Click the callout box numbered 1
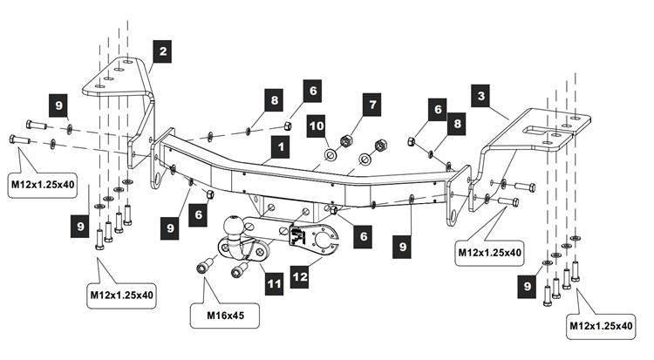click(280, 146)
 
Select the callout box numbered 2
click(162, 51)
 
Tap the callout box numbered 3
click(480, 96)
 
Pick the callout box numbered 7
click(372, 105)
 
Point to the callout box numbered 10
click(317, 126)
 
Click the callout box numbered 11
click(274, 284)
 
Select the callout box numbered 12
click(300, 277)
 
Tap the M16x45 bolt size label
click(225, 316)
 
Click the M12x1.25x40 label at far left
click(43, 184)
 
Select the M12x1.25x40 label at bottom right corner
click(601, 326)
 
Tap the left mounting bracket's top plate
click(115, 78)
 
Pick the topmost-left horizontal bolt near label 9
click(37, 125)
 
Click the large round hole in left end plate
click(159, 180)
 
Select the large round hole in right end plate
click(453, 217)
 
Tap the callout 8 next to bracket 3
click(457, 124)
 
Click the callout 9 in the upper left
click(58, 105)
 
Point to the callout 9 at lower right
click(527, 286)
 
